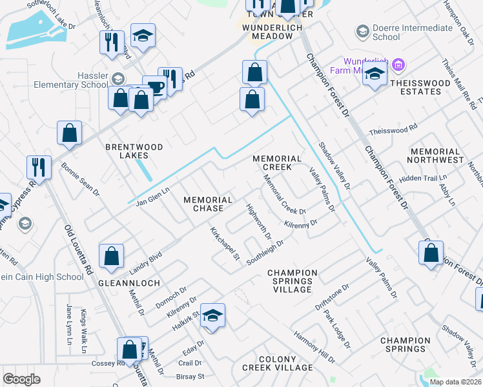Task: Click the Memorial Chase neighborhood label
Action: [x=208, y=204]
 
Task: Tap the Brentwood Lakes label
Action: [x=136, y=151]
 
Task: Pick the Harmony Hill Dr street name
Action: [x=314, y=346]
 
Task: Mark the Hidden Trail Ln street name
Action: [x=423, y=178]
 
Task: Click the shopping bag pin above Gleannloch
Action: [x=112, y=255]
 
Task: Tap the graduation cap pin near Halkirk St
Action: [x=212, y=315]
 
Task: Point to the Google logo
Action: [x=22, y=379]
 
